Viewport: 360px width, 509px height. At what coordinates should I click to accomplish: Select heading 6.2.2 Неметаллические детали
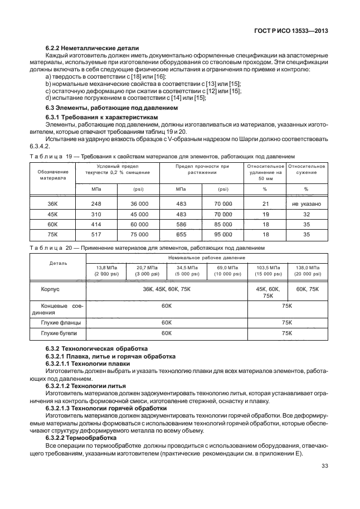(x=92, y=49)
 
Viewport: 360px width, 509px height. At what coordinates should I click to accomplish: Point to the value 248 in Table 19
(x=96, y=204)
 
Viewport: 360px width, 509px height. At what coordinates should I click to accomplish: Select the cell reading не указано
(x=306, y=204)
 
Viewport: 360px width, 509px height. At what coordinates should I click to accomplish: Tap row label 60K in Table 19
(x=53, y=225)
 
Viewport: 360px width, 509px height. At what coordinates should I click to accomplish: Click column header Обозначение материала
(x=53, y=174)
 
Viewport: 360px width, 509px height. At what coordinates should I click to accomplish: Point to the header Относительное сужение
(x=306, y=169)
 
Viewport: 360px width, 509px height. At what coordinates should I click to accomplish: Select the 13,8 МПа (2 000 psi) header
(x=105, y=271)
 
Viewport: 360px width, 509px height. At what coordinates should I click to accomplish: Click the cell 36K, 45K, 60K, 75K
(x=166, y=290)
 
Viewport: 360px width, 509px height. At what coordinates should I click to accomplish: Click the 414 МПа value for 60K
(x=96, y=225)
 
